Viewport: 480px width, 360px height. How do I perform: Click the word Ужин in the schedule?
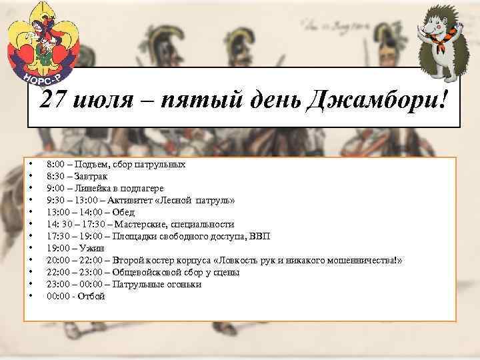[x=89, y=248]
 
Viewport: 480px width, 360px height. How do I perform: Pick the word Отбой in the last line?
[x=92, y=296]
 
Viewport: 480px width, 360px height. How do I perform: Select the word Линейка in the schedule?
[x=91, y=188]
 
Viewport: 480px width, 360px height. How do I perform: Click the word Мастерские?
[x=143, y=224]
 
